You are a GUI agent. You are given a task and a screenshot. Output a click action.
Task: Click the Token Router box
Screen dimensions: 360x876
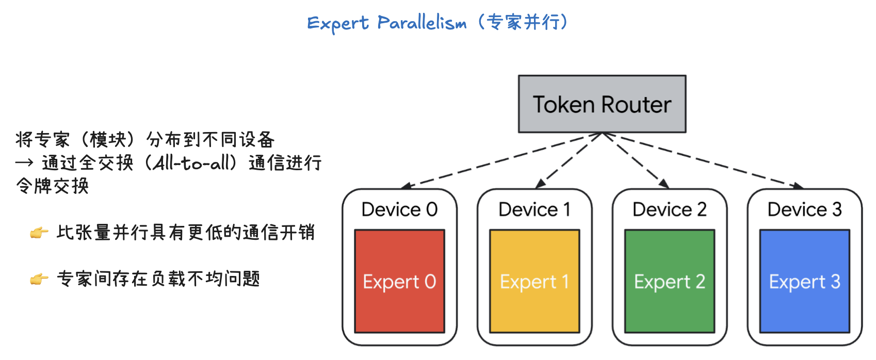602,104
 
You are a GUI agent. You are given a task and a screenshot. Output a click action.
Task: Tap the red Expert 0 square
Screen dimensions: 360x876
399,281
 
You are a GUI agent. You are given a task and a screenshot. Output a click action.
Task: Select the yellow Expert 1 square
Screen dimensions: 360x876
534,281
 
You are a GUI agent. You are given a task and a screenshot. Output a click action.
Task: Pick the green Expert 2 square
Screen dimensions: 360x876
670,281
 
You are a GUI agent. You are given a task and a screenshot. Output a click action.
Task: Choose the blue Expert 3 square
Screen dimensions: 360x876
804,281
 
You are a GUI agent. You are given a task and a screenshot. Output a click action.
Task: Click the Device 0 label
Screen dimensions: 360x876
399,209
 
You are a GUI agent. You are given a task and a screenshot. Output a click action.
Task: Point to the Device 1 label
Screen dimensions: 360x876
534,209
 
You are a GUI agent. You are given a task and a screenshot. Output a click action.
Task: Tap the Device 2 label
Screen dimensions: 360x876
670,209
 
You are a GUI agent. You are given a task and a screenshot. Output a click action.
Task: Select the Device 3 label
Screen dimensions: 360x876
804,209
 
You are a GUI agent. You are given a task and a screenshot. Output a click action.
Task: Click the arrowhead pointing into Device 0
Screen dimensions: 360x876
406,186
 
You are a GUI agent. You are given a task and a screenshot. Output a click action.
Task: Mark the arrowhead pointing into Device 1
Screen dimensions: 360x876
540,184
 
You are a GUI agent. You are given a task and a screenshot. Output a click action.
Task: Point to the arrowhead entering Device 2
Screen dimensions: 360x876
664,184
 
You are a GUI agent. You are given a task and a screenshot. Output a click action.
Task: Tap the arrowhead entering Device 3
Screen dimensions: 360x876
798,186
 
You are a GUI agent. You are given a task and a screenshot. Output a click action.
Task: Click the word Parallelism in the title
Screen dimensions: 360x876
421,23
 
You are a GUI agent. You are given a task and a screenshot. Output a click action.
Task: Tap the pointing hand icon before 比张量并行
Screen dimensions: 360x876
39,233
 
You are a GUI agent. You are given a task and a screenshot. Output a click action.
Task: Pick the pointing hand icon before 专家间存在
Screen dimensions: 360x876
39,280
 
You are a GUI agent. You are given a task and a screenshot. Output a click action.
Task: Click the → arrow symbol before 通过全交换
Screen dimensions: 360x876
24,163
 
